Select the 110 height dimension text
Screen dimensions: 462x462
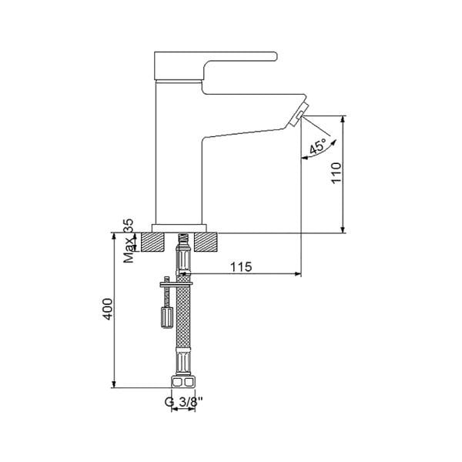tap(336, 176)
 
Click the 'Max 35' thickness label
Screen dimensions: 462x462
tap(129, 242)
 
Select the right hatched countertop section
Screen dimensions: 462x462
tap(206, 242)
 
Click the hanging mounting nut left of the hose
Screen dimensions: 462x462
tap(164, 316)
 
